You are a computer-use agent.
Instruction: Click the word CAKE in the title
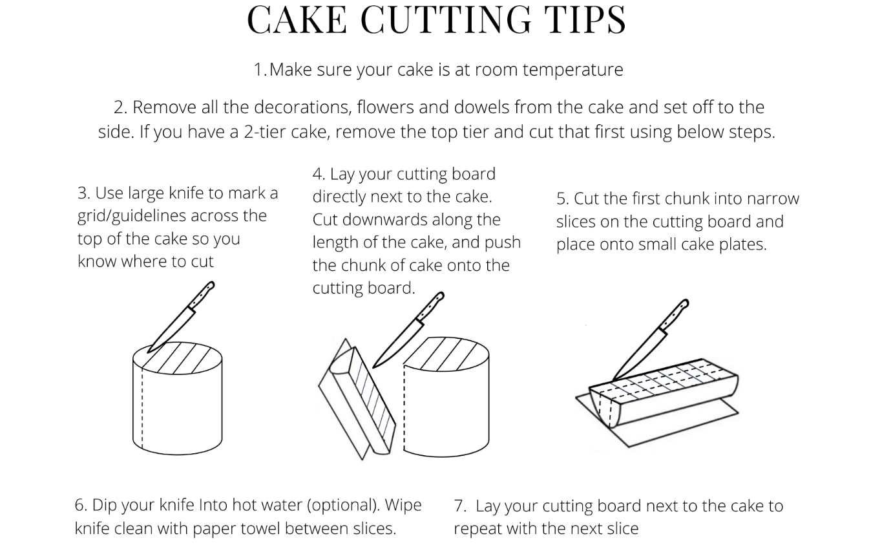pos(297,19)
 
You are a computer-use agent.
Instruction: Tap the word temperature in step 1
pos(572,70)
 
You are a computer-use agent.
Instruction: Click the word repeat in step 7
pos(477,529)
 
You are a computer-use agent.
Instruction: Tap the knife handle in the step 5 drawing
pos(674,315)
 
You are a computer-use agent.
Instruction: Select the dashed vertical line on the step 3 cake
pos(142,409)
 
